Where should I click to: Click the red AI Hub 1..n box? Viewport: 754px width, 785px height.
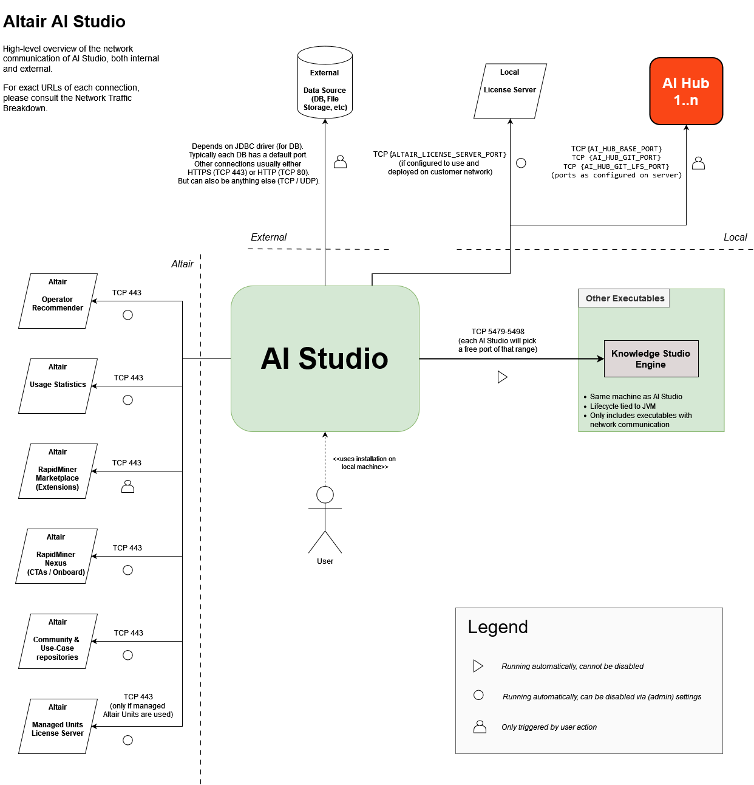686,91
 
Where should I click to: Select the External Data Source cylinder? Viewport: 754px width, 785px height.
325,85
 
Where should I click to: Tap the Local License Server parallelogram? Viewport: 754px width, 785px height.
510,91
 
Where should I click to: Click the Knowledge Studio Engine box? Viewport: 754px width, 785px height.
651,359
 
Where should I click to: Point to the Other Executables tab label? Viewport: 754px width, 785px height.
624,298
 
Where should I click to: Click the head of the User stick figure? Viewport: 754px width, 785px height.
325,495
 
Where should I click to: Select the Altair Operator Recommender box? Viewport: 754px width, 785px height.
58,301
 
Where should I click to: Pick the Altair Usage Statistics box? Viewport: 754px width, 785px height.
58,386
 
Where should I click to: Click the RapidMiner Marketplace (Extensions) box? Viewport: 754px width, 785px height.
58,471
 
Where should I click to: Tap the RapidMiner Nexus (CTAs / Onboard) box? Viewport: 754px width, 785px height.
56,557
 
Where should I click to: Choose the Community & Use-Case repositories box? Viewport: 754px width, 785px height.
58,642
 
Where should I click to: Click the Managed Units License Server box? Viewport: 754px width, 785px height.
58,727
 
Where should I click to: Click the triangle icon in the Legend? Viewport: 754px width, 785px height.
478,666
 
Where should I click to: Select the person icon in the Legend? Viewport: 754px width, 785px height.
480,727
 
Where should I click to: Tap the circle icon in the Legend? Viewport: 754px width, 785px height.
478,695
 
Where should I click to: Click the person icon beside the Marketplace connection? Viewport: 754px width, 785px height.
127,486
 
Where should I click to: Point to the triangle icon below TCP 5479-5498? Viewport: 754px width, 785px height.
502,377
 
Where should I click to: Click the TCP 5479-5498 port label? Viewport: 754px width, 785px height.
498,332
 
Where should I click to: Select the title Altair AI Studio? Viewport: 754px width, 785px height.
64,22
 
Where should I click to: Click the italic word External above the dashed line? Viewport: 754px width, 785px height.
268,237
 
